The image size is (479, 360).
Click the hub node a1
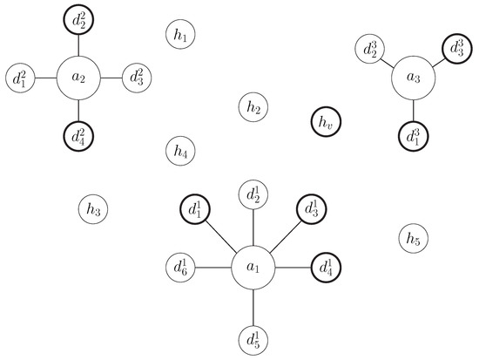click(253, 266)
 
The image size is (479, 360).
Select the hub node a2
click(79, 78)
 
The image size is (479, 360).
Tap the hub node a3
click(413, 79)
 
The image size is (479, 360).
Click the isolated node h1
click(180, 35)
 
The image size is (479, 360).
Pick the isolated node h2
click(253, 107)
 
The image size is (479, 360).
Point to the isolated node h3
click(94, 209)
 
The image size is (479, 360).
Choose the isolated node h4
click(180, 151)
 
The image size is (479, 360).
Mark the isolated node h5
click(413, 237)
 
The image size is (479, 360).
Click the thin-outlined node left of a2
click(21, 78)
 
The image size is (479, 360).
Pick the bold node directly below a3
click(413, 136)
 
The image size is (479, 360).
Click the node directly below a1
click(253, 338)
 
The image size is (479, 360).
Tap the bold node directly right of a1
click(326, 266)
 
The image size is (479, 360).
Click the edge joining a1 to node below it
click(253, 306)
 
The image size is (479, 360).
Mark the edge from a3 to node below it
click(413, 112)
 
